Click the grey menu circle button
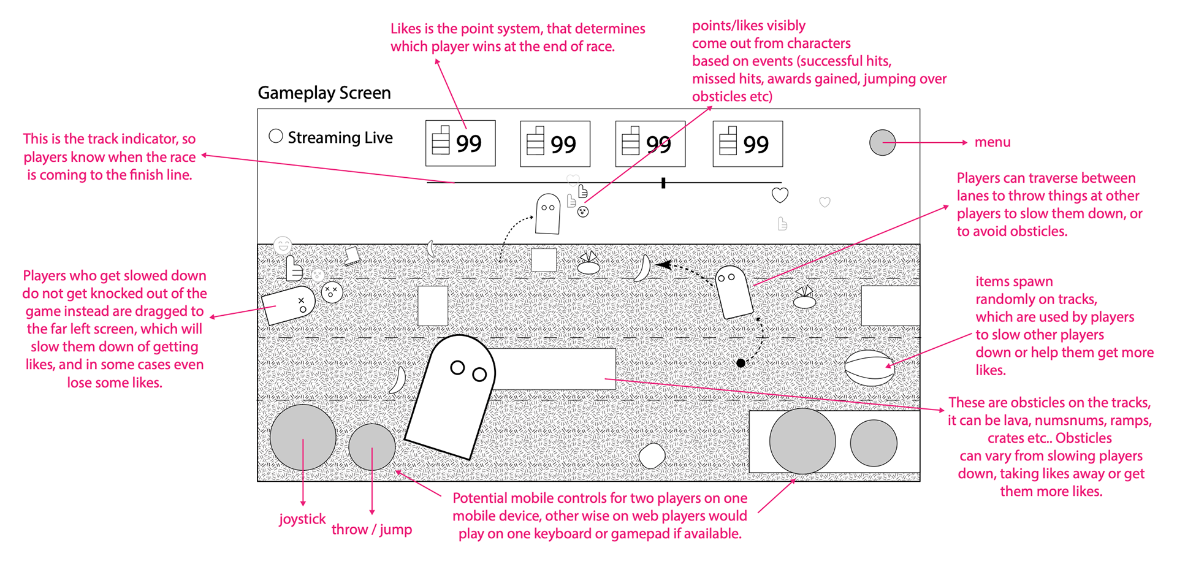[882, 142]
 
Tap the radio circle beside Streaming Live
[276, 136]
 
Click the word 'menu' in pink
[992, 142]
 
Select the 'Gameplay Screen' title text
[324, 93]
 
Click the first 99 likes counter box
[460, 143]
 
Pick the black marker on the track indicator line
[663, 183]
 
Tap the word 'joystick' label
[302, 519]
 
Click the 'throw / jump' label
[371, 530]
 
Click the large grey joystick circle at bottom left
[303, 437]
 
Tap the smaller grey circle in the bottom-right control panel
[874, 443]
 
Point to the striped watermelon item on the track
[869, 368]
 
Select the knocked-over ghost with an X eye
[288, 305]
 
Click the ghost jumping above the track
[547, 214]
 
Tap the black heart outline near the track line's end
[780, 196]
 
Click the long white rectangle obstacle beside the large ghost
[554, 369]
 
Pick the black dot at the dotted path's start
[741, 364]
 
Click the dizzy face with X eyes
[332, 292]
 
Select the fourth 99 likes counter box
[747, 144]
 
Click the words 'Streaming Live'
[340, 138]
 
